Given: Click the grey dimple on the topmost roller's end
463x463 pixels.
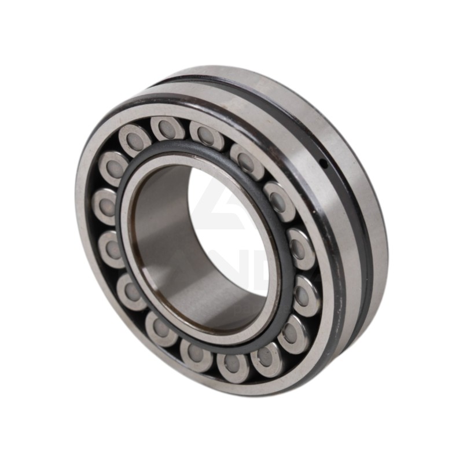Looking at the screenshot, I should click(167, 129).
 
